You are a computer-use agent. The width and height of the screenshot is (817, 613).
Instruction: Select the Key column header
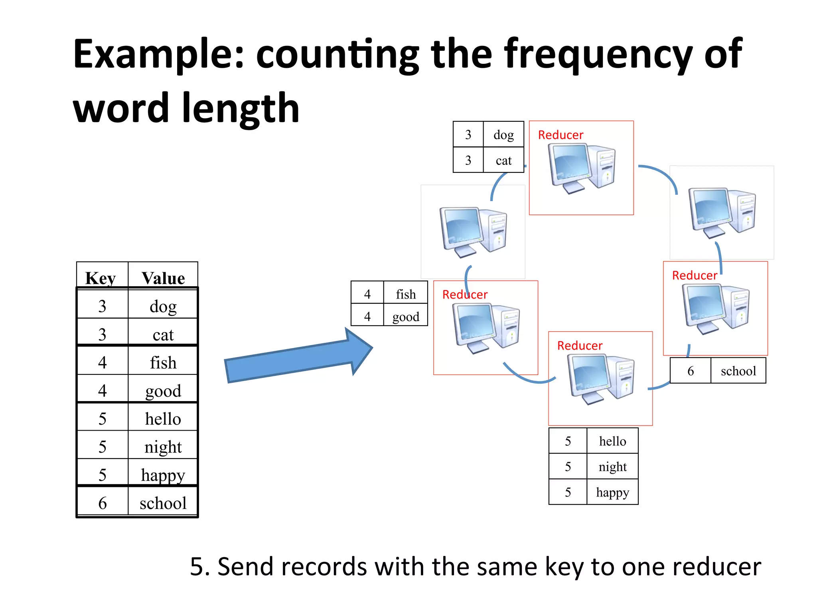coord(101,278)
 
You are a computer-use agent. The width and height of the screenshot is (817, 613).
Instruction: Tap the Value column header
coord(163,278)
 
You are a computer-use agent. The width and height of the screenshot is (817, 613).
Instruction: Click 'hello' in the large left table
coord(163,419)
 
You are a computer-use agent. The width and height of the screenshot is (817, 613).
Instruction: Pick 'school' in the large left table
coord(163,503)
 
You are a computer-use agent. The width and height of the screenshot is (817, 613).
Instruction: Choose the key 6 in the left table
coord(103,503)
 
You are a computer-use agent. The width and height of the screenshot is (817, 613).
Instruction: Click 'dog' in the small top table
coord(503,134)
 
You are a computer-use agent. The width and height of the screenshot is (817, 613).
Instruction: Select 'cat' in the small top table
coord(503,160)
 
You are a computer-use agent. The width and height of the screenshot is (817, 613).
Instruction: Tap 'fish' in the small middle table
coord(406,294)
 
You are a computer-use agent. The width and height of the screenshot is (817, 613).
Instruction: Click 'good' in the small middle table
coord(406,316)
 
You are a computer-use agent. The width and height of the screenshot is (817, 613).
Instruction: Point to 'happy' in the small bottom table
coord(612,492)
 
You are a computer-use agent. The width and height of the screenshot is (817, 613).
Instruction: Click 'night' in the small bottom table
coord(612,467)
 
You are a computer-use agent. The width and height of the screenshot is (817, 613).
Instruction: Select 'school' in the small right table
coord(738,371)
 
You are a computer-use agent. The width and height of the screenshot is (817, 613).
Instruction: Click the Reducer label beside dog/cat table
coord(560,135)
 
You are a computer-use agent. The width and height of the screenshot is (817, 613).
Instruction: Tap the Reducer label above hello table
coord(580,346)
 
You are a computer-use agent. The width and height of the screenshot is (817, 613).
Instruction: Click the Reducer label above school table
coord(695,275)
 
